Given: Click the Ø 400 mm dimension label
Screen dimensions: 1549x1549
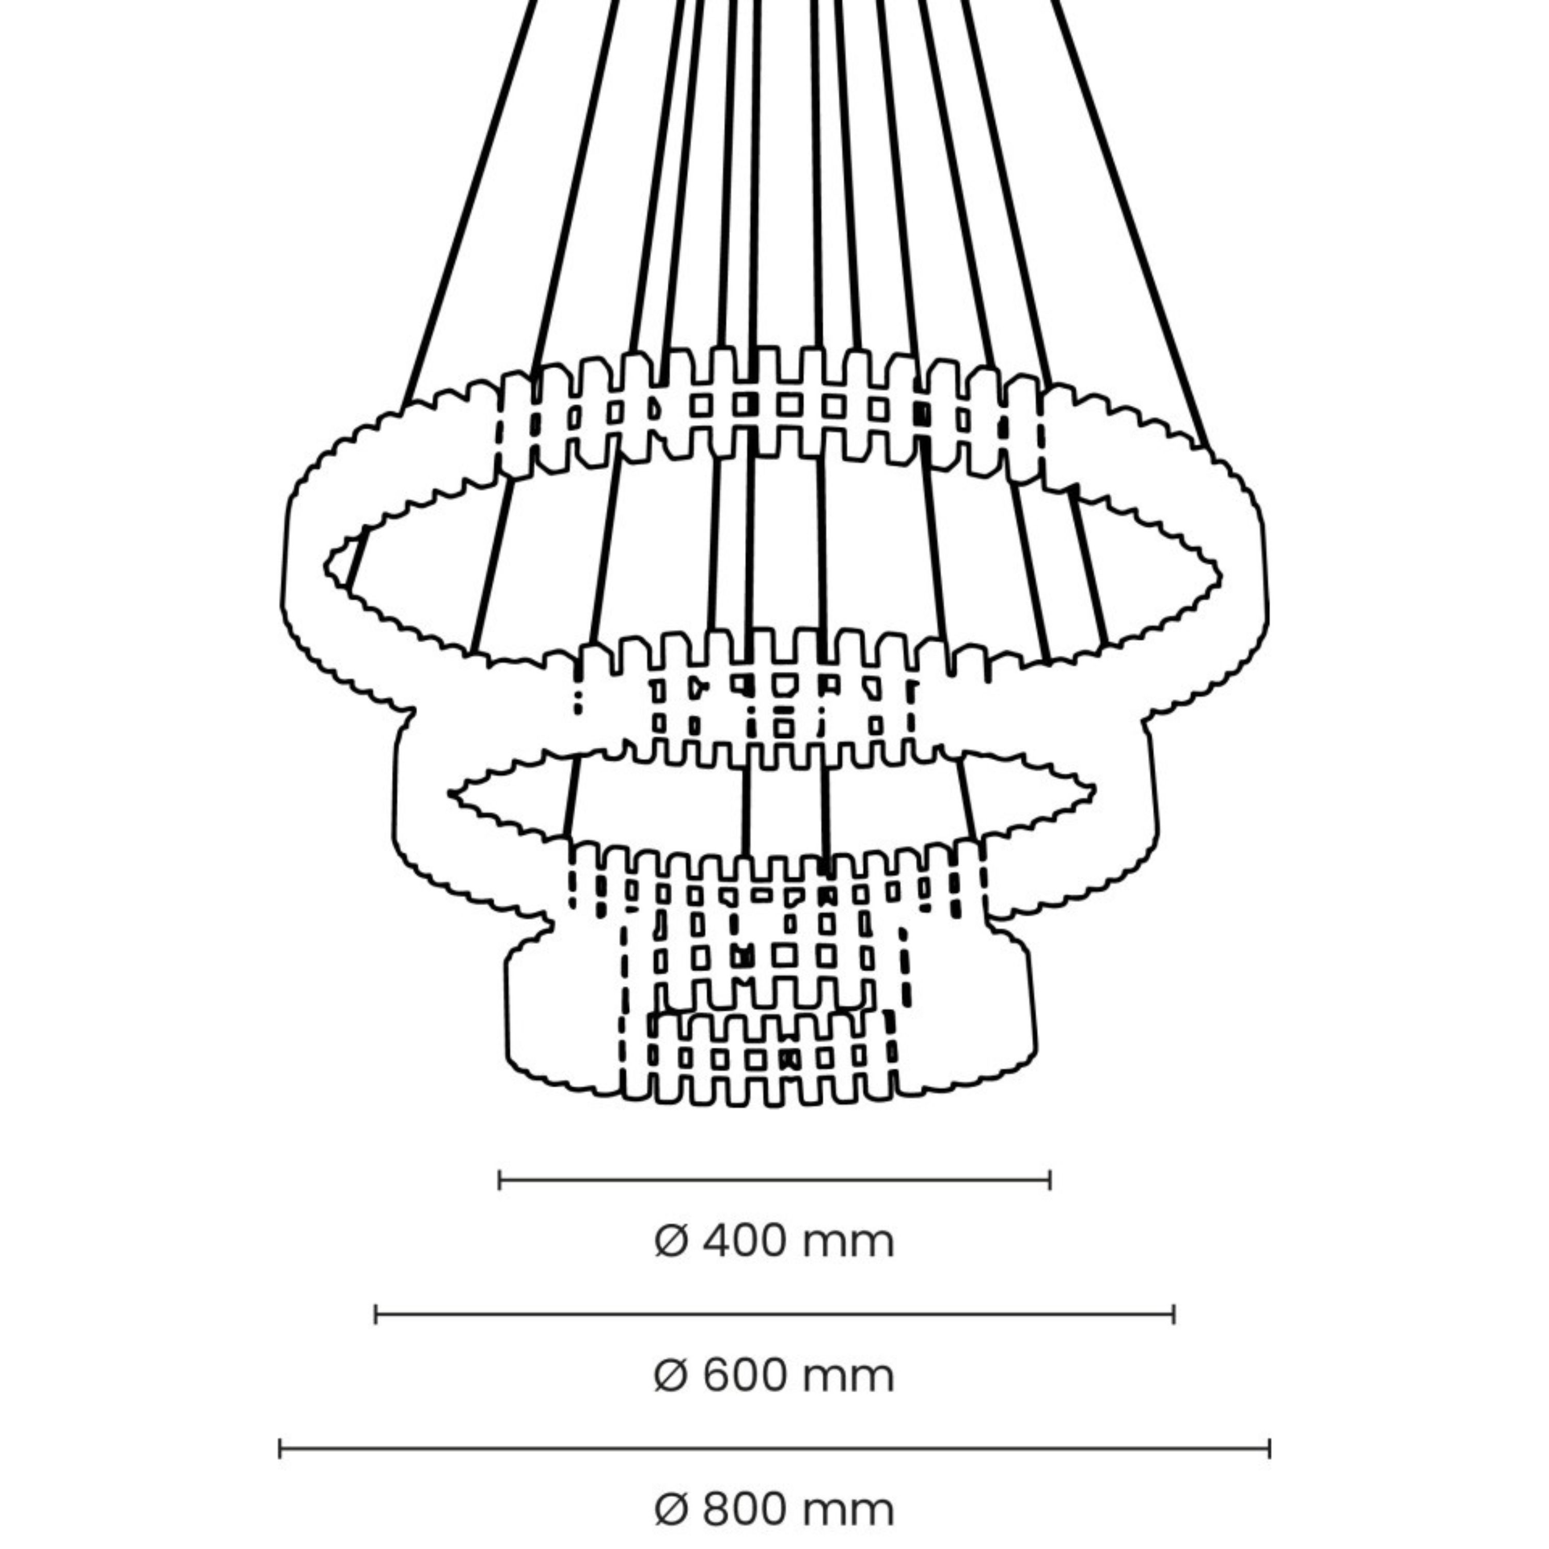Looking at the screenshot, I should tap(773, 1242).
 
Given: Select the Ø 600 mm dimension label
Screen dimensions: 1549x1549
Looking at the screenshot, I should tap(773, 1377).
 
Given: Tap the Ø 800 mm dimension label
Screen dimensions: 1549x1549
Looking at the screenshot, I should tap(773, 1510).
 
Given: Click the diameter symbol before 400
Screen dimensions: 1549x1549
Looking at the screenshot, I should tap(671, 1242).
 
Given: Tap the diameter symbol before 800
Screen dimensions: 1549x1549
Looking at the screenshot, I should tap(671, 1510).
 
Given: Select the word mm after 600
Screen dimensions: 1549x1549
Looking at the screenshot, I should tap(847, 1377).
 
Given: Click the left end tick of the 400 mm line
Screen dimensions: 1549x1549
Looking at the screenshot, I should tap(499, 1180).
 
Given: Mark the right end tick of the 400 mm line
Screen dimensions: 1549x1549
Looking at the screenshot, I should tap(1050, 1180).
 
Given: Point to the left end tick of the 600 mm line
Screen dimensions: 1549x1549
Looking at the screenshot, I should tap(376, 1315).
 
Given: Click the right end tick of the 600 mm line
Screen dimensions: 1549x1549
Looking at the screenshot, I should tap(1173, 1315).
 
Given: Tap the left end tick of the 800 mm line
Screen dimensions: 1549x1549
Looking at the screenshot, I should tap(280, 1449).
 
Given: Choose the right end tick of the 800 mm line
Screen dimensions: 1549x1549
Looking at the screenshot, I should tap(1269, 1449).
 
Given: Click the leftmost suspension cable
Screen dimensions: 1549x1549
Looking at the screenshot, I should tap(469, 200).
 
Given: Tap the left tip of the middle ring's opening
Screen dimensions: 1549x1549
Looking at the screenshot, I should tap(451, 794).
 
